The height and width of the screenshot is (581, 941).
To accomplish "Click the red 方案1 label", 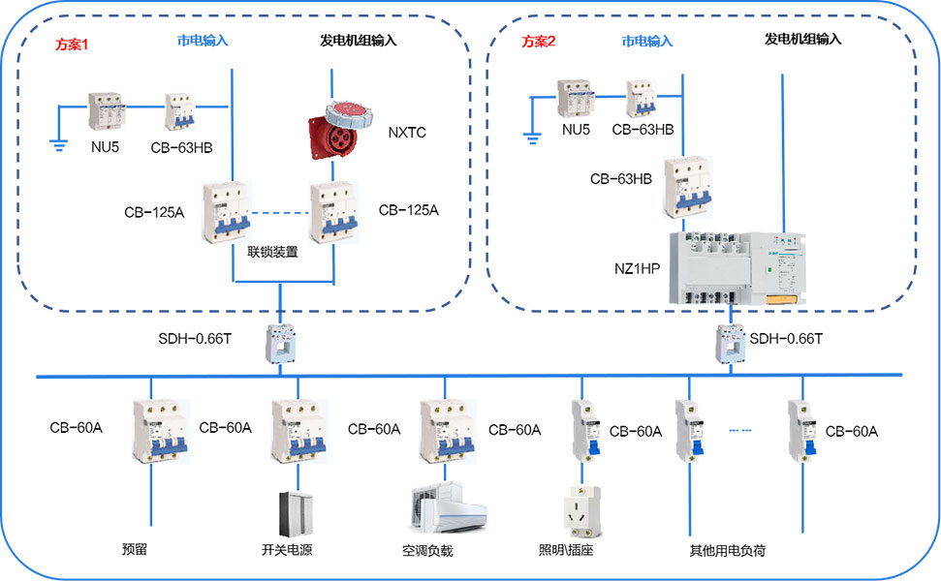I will click(71, 45).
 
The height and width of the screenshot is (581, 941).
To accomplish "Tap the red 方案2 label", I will click(540, 42).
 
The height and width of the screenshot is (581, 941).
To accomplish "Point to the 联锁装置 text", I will click(272, 252).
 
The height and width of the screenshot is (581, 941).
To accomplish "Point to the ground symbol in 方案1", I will click(57, 145).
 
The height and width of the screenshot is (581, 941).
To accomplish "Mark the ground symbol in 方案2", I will click(531, 137).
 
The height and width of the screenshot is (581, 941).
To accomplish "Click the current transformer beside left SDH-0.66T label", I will click(281, 344).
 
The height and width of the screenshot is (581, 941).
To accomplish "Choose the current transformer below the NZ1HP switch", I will click(731, 344).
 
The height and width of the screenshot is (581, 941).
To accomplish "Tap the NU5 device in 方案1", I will click(105, 112).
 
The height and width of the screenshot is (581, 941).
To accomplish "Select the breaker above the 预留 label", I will click(152, 430).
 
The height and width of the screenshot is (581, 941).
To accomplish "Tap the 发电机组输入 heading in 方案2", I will click(802, 40).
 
